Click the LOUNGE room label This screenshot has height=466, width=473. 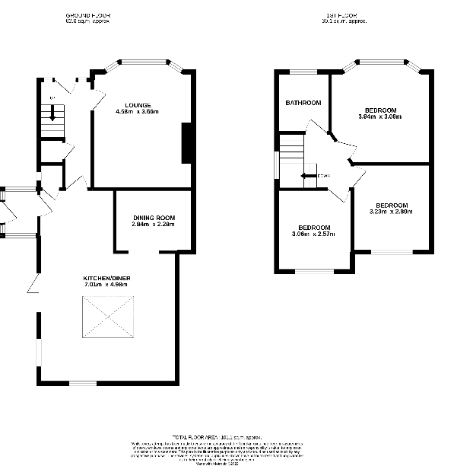point(137,105)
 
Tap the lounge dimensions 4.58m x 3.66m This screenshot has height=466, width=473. point(137,112)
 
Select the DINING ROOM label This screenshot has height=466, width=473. point(148,218)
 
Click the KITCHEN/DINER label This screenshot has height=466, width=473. point(107,279)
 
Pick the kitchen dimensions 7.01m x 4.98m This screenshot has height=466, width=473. point(107,286)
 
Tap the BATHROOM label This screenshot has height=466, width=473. point(303,103)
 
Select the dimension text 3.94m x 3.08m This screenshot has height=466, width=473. point(379,117)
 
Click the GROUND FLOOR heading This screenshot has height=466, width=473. point(88,15)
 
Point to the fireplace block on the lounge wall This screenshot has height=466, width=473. point(186,143)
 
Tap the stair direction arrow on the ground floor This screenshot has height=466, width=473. point(52,114)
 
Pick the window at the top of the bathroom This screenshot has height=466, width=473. point(303,72)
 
